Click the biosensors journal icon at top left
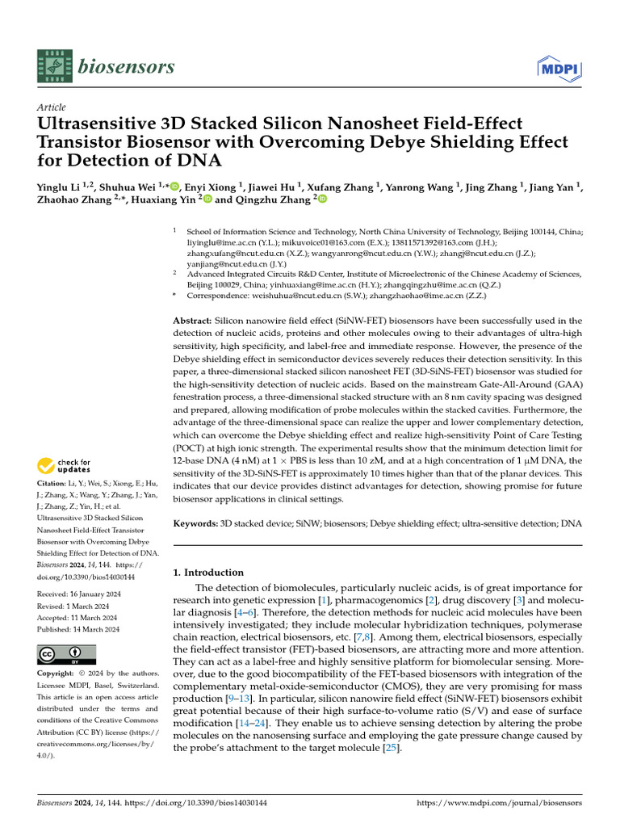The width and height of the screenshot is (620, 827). pos(54,66)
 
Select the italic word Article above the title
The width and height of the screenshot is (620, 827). pos(52,107)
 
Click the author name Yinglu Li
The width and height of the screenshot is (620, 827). pos(59,187)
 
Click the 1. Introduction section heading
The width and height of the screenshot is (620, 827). pos(209,573)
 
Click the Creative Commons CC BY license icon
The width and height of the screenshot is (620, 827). pos(67,654)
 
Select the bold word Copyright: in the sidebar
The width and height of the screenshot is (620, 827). pos(60,673)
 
